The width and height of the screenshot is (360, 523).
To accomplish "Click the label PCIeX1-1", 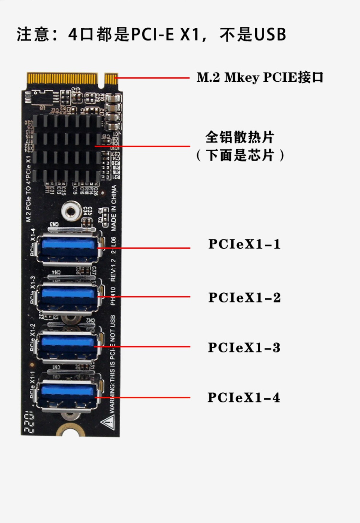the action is click(244, 244).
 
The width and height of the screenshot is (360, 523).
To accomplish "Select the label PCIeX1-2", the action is click(244, 298).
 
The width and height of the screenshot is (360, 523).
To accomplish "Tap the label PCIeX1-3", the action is click(244, 348).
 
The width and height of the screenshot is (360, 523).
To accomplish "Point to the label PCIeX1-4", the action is click(244, 398).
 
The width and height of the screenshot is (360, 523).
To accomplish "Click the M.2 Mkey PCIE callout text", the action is click(260, 77).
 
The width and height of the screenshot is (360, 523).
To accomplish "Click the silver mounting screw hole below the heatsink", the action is click(71, 211).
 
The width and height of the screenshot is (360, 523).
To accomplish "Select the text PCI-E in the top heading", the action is click(152, 34).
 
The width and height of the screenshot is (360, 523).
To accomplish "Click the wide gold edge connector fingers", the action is click(62, 78).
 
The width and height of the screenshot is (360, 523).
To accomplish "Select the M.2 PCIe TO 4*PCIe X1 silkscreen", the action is click(28, 189).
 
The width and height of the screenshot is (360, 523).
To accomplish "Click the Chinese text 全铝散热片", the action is click(239, 138).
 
